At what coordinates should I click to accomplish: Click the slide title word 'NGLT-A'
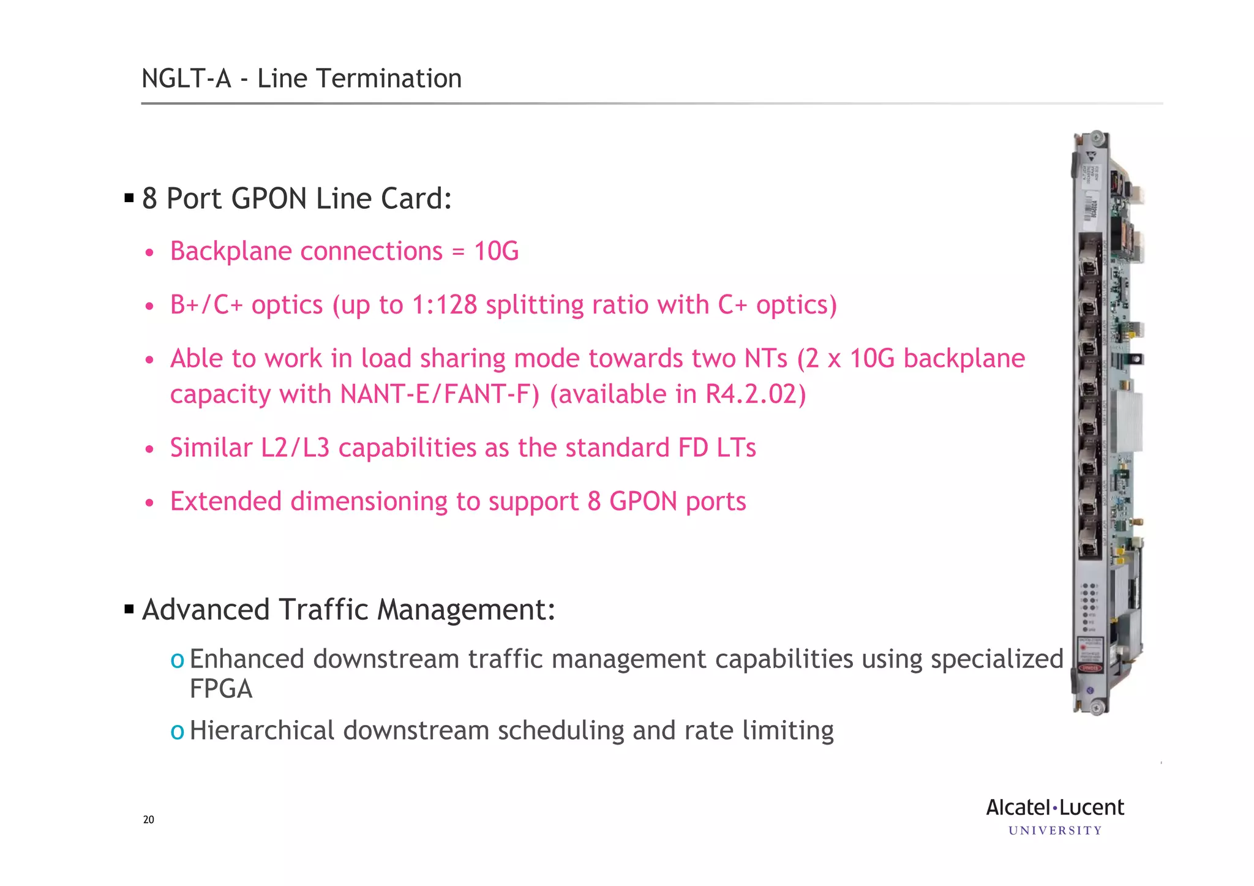[186, 79]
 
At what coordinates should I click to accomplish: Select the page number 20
[148, 820]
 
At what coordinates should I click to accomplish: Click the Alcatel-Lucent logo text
[1054, 808]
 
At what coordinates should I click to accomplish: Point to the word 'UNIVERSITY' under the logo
[1054, 831]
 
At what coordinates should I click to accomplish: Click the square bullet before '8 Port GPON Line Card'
[129, 198]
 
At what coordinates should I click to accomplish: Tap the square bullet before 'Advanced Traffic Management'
[129, 609]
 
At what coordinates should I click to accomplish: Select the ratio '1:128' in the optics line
[444, 305]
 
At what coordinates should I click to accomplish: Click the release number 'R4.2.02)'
[755, 394]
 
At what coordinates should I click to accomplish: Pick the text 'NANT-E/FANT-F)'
[440, 394]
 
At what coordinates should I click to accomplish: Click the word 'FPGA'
[220, 689]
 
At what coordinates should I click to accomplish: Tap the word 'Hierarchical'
[262, 730]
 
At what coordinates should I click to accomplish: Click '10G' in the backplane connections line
[496, 252]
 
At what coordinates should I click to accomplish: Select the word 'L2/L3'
[295, 448]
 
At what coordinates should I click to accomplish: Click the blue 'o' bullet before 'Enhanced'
[177, 660]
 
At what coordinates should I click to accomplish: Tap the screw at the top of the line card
[1097, 137]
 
